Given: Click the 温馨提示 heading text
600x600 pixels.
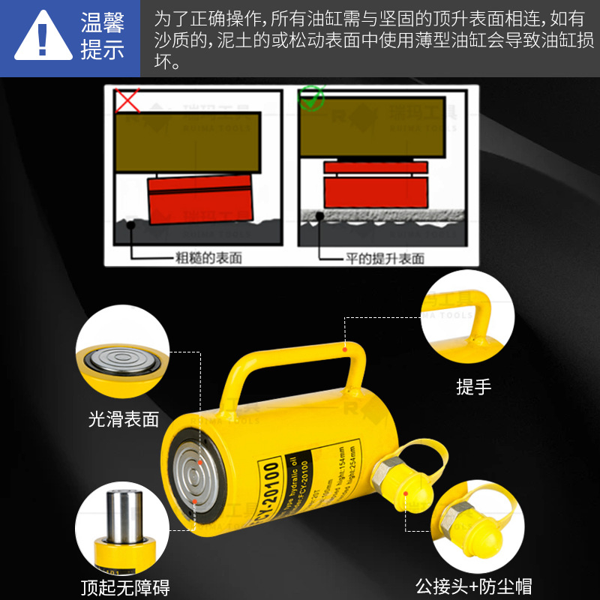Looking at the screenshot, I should click(x=103, y=38).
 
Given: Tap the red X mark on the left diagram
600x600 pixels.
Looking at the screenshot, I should click(x=127, y=100).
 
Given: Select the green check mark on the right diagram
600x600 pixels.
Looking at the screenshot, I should click(x=310, y=98).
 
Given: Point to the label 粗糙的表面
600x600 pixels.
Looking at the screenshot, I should click(x=208, y=258).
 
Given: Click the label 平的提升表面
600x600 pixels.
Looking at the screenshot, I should click(x=385, y=258).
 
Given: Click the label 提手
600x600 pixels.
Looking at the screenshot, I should click(x=473, y=387).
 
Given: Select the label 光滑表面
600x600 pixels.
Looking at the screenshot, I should click(x=124, y=419).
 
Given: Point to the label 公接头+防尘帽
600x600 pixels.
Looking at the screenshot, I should click(x=473, y=586).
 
